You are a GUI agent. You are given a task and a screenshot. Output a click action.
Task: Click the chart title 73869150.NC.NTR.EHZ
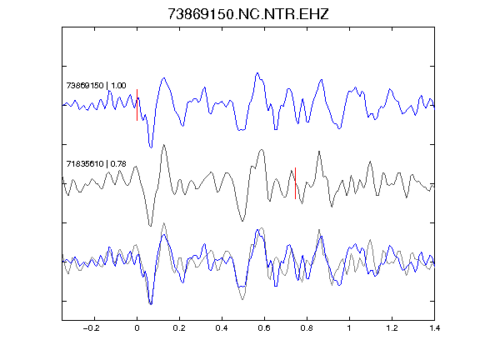click(248, 14)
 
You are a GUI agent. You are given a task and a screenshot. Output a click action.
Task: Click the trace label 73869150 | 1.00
click(96, 85)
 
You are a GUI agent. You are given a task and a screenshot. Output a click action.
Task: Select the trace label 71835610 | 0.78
click(96, 164)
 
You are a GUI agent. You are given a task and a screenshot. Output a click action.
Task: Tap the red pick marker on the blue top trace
click(137, 105)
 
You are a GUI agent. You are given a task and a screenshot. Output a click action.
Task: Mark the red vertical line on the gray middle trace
click(295, 183)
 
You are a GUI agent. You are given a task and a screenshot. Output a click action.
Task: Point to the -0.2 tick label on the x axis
click(91, 328)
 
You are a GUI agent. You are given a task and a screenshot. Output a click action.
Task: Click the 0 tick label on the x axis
click(137, 328)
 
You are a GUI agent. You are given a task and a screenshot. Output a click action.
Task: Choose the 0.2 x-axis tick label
click(179, 328)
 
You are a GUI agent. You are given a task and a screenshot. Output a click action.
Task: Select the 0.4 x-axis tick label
click(222, 328)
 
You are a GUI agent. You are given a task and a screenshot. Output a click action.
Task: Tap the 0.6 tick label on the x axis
click(264, 328)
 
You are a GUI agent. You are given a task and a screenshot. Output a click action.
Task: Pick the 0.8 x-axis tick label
click(307, 328)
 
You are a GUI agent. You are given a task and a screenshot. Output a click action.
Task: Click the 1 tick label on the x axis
click(349, 328)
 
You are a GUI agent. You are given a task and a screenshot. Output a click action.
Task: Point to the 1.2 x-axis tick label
click(392, 328)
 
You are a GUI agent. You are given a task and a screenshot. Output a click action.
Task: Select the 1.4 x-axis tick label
click(434, 328)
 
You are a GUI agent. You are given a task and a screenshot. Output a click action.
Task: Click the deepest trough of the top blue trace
click(151, 147)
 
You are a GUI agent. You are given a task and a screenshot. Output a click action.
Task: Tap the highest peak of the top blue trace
click(257, 73)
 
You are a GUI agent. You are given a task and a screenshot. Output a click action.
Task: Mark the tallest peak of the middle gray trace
click(164, 144)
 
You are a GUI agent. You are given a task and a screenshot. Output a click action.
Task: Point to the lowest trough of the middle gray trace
click(150, 226)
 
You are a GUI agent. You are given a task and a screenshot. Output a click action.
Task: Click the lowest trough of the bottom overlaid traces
click(151, 304)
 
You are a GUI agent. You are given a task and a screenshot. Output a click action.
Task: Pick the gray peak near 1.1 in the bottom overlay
click(370, 240)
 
